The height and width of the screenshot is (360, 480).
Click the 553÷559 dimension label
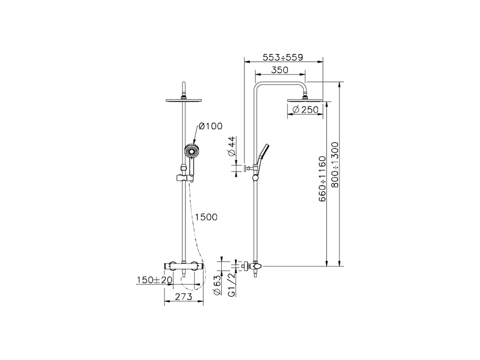coord(282,57)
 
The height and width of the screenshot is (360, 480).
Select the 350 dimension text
coord(279,70)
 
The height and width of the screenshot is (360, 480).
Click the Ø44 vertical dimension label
coord(232,147)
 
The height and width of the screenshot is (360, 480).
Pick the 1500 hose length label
coord(206,217)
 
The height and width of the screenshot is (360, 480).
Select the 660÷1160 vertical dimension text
coord(322,180)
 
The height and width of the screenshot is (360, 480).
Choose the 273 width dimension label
coord(184,297)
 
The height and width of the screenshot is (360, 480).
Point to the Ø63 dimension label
coord(218,287)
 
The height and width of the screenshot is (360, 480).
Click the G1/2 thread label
coord(231,285)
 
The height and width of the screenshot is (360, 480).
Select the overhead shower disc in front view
coord(183,100)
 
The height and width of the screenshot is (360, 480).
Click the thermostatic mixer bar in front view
coord(183,265)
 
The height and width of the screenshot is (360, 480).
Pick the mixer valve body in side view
coord(255,266)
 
